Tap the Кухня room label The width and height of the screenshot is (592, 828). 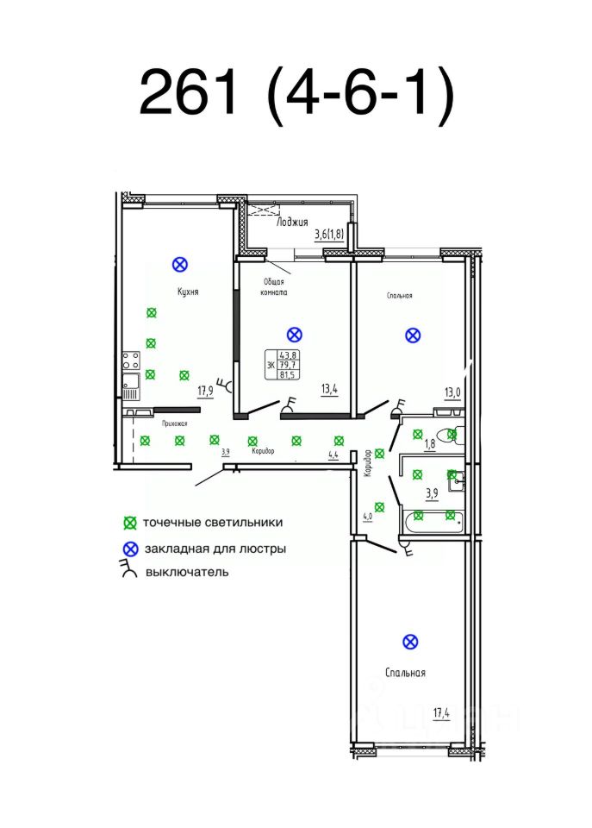189,292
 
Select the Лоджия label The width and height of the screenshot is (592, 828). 292,222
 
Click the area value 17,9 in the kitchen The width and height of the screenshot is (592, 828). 205,391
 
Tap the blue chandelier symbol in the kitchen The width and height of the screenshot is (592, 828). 180,264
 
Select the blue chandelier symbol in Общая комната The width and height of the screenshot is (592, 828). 294,334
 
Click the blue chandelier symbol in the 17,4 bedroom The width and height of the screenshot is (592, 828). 410,641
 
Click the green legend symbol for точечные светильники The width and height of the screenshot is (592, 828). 130,523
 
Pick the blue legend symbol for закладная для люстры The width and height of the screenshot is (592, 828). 130,548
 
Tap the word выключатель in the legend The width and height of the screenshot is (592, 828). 187,571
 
